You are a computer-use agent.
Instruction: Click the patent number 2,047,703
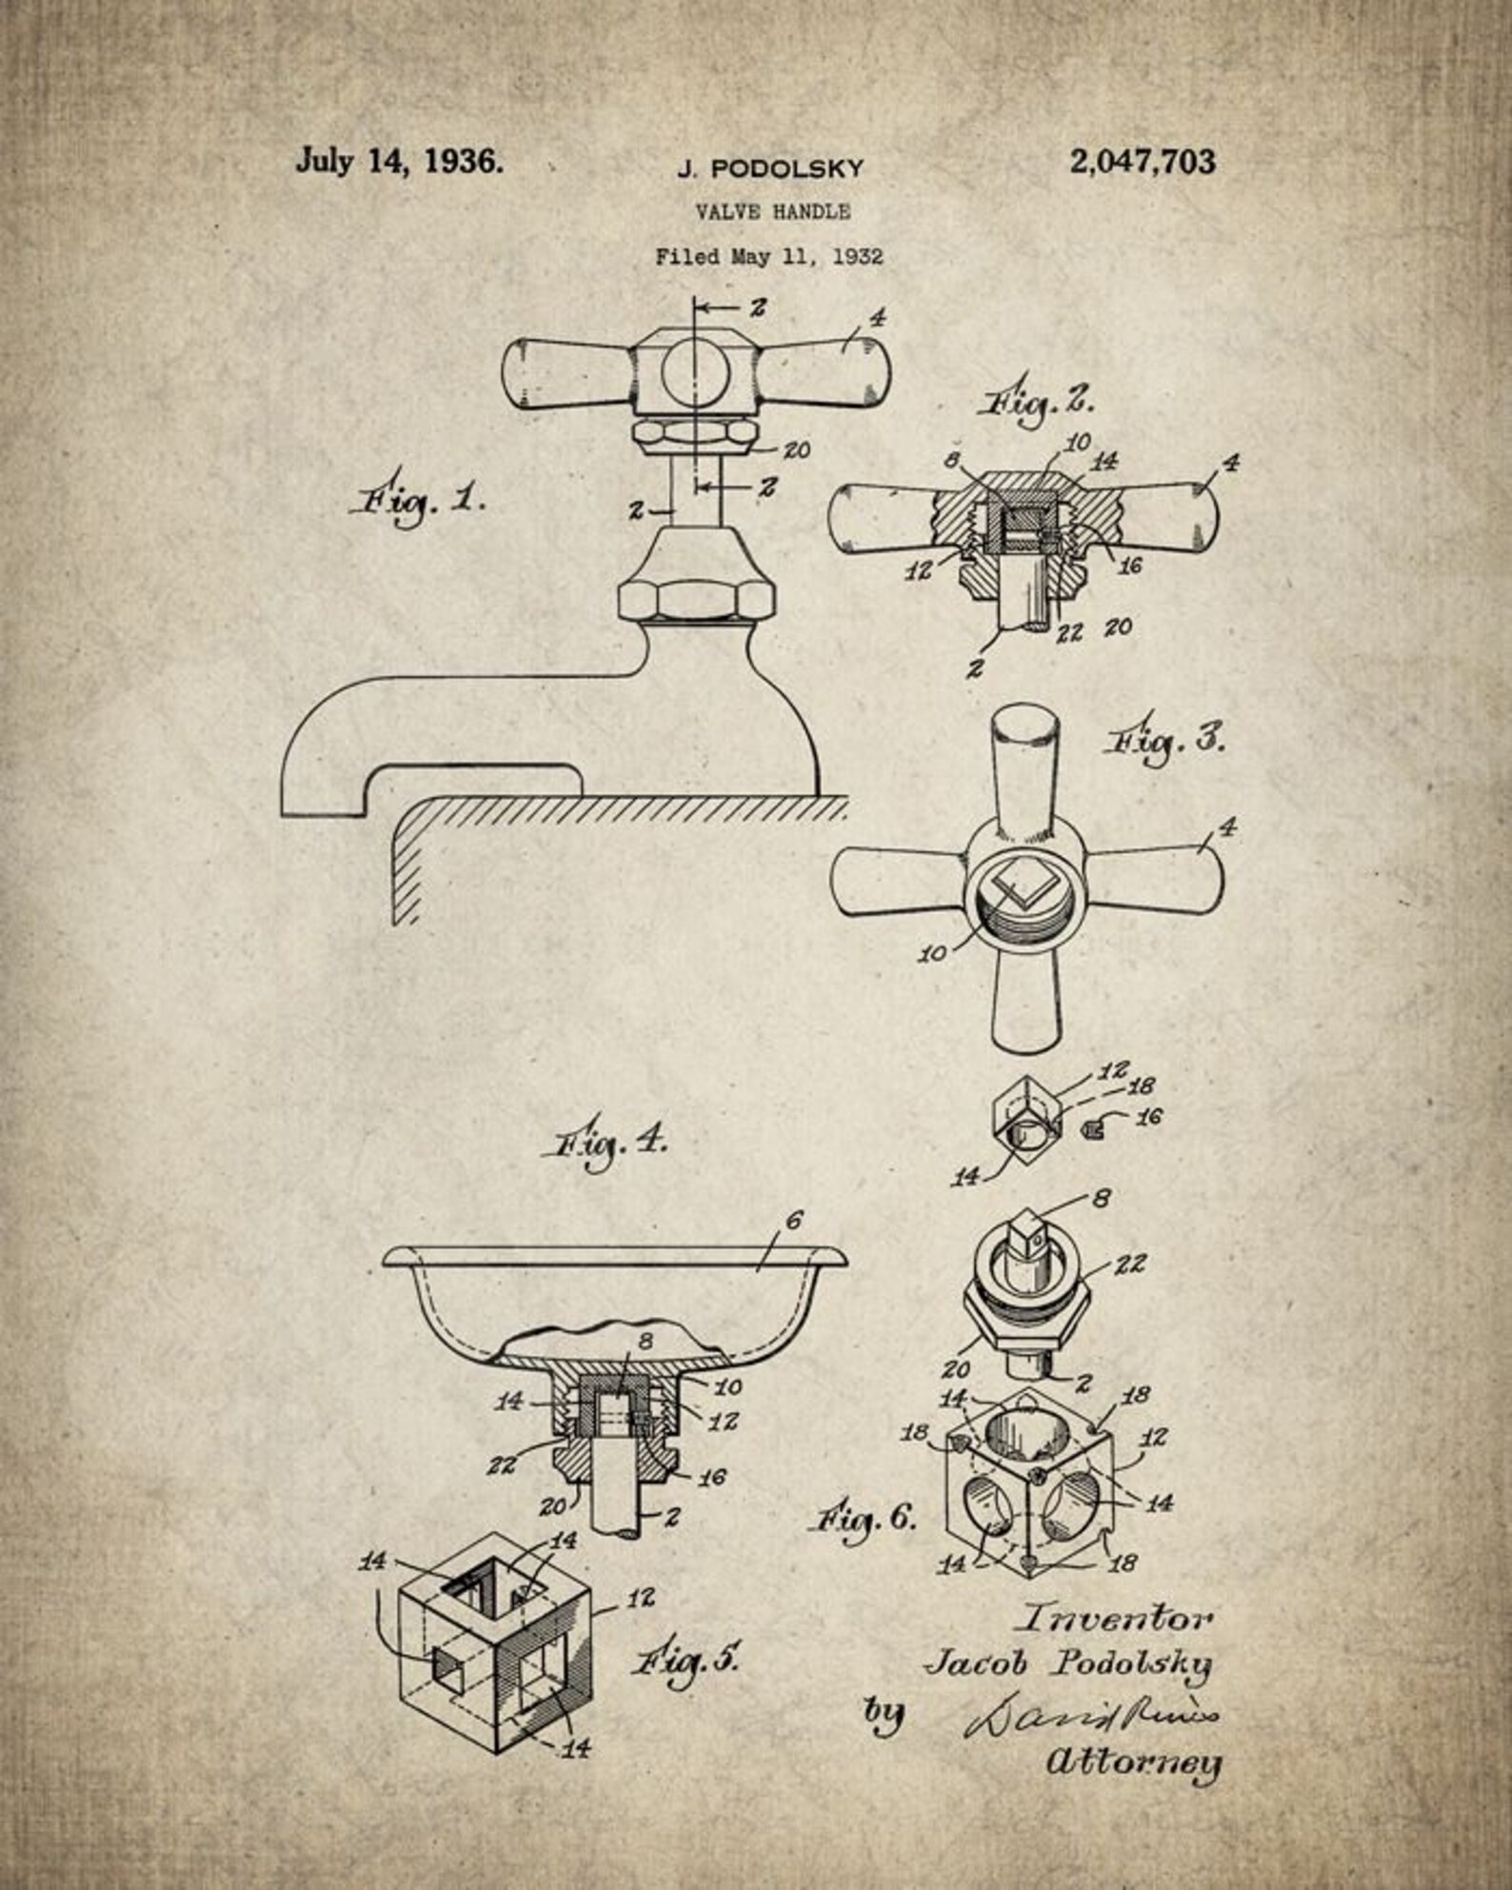pyautogui.click(x=1142, y=162)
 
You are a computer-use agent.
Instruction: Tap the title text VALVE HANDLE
pyautogui.click(x=772, y=211)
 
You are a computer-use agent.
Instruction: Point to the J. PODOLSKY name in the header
pyautogui.click(x=770, y=169)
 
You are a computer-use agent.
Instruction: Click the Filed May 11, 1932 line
pyautogui.click(x=768, y=256)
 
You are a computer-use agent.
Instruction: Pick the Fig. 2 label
pyautogui.click(x=1033, y=404)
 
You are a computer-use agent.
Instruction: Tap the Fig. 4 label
pyautogui.click(x=605, y=1144)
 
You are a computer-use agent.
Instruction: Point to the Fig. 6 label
pyautogui.click(x=865, y=1515)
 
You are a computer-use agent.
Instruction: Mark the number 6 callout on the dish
pyautogui.click(x=794, y=1221)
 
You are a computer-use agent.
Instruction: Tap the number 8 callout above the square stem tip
pyautogui.click(x=1101, y=1198)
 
